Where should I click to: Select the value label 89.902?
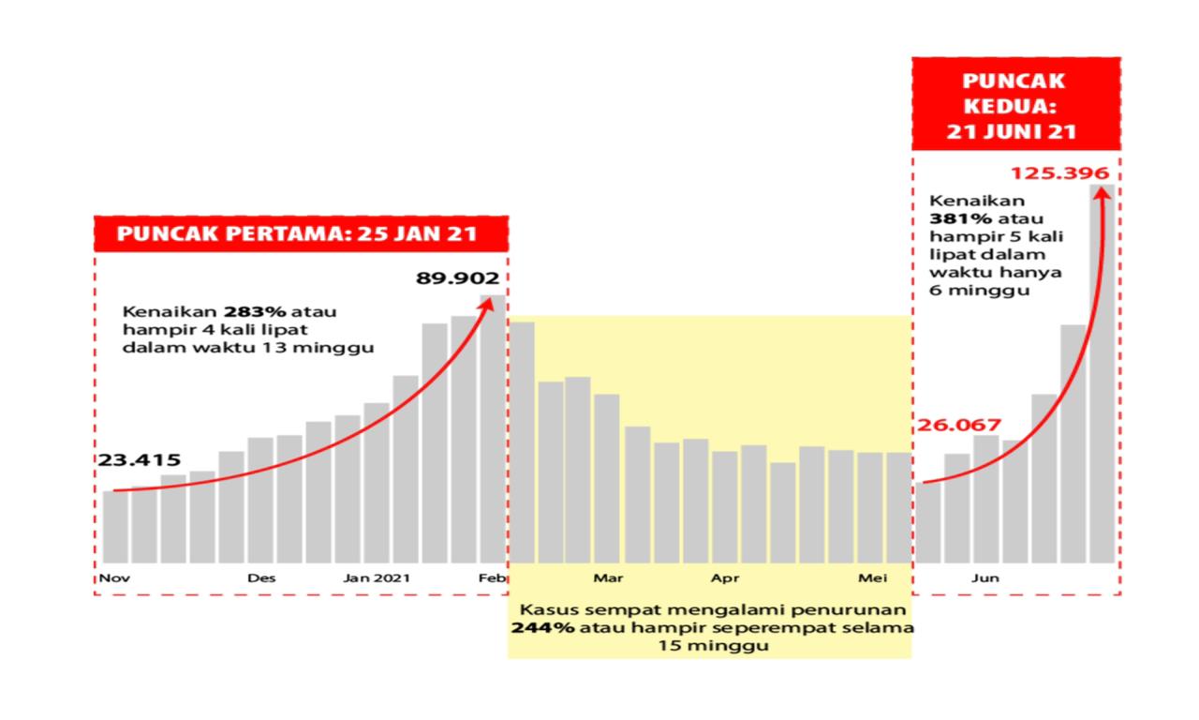(x=458, y=277)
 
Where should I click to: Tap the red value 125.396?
(x=1060, y=173)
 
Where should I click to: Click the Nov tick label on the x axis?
(x=115, y=577)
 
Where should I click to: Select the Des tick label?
(x=261, y=577)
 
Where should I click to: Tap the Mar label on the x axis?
(x=607, y=577)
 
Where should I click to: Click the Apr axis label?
(x=724, y=577)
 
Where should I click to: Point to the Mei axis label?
(x=872, y=577)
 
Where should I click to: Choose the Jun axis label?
(x=984, y=577)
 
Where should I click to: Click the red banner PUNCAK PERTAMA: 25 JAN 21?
(x=301, y=233)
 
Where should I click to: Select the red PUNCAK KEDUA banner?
(x=1016, y=105)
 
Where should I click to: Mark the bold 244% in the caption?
(x=542, y=627)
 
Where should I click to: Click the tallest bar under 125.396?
(x=1103, y=375)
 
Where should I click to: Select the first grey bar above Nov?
(x=115, y=526)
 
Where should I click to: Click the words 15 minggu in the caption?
(x=709, y=646)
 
